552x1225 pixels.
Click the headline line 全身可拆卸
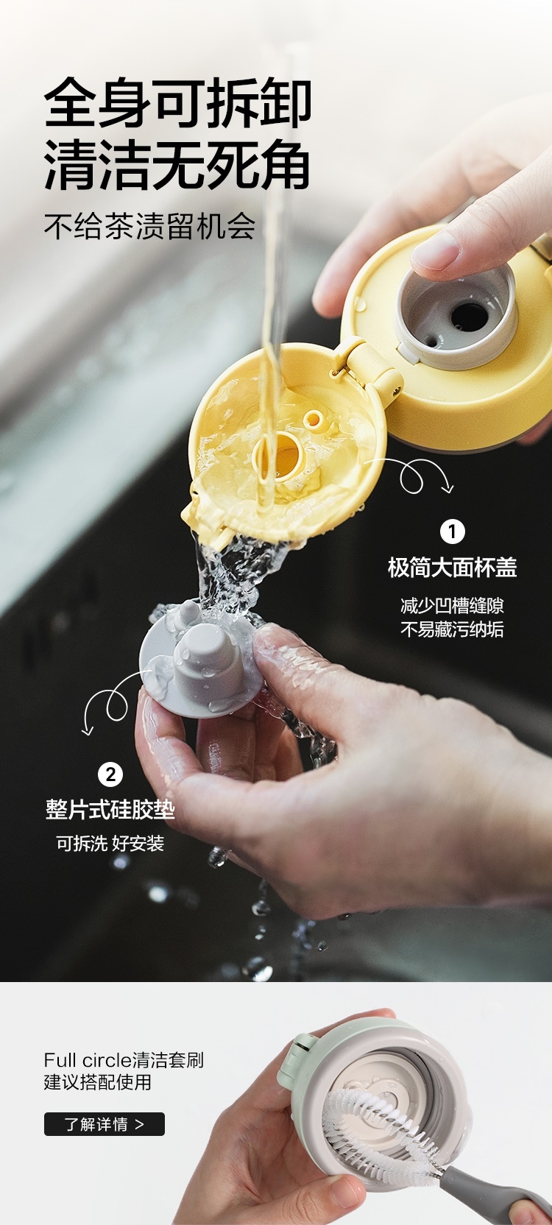coord(177,103)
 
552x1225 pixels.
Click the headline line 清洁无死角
coord(177,165)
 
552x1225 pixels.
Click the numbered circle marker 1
coord(453,532)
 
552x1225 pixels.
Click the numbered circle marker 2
coord(110,775)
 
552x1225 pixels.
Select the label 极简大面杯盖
coord(452,568)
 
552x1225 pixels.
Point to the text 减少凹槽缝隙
coord(452,606)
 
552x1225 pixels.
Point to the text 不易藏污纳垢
coord(452,629)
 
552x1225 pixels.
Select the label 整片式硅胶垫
coord(110,810)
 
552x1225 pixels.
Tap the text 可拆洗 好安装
coord(110,844)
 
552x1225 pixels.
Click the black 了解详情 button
coord(105,1124)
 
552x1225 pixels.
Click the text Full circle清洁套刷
coord(124,1060)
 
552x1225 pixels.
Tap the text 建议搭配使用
coord(98,1082)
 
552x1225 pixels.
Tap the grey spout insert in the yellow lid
coord(456,314)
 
